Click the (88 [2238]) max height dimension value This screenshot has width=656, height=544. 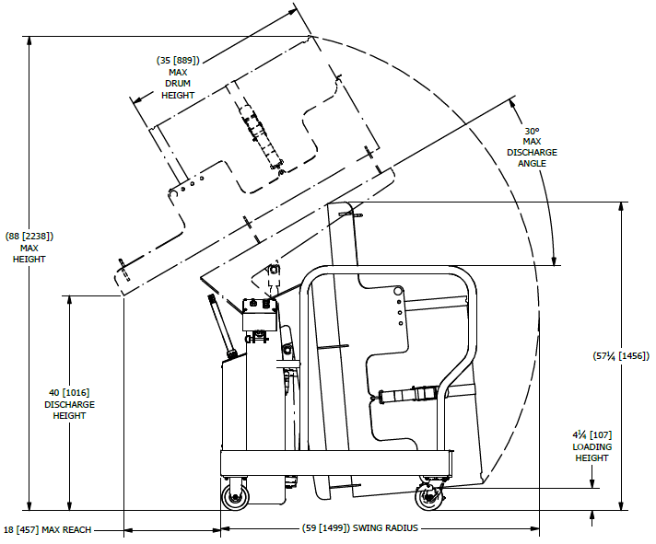[x=29, y=237]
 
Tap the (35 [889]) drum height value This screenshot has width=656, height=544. [x=178, y=61]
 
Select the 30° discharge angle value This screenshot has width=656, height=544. [x=532, y=131]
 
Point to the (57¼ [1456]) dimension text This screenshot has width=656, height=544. [x=621, y=356]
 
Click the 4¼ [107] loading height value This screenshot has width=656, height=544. [x=592, y=435]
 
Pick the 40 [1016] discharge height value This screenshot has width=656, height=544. [x=69, y=393]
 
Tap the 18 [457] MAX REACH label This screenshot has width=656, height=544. [x=48, y=530]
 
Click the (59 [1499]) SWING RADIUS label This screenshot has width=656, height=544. [x=360, y=528]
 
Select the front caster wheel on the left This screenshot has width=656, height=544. [x=235, y=494]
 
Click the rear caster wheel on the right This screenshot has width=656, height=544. [x=428, y=496]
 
